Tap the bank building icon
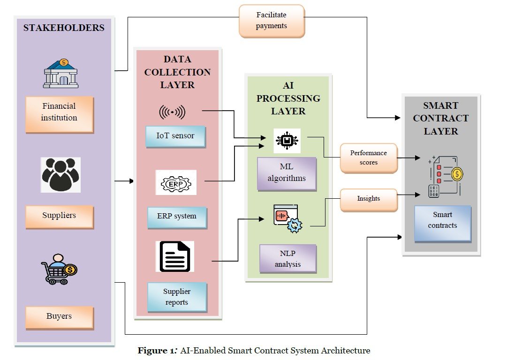61,74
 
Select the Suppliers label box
59,216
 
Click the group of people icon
61,175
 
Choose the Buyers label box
59,316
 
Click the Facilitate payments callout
271,21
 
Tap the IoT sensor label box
175,136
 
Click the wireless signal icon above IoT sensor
172,112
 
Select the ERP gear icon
176,183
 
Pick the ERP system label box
176,217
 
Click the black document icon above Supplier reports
175,256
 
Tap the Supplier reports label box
176,297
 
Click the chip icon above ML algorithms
287,140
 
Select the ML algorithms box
287,173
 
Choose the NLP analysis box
288,258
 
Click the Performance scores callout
369,158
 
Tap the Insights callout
368,199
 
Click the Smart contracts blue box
442,220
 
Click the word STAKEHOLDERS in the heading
64,28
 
